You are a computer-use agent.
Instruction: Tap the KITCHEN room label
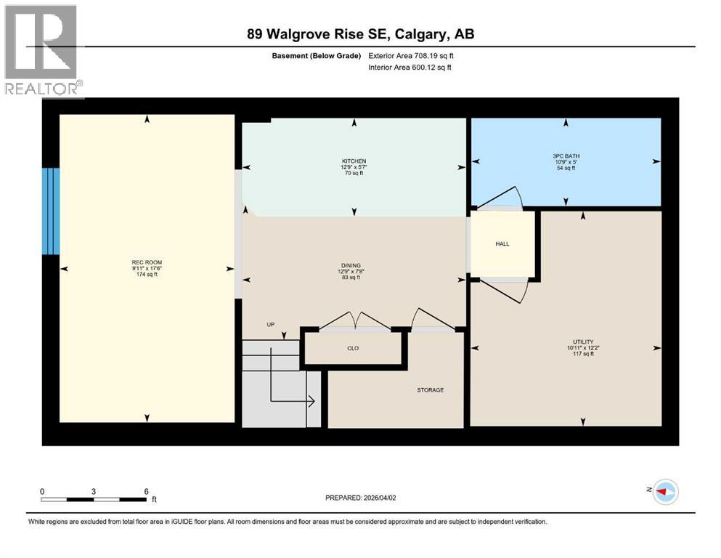point(354,161)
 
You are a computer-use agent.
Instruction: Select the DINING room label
point(354,265)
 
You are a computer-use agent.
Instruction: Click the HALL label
point(502,244)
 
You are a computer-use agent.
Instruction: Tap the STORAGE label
point(430,390)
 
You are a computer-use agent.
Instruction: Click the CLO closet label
point(353,348)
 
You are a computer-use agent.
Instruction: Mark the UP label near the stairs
point(270,325)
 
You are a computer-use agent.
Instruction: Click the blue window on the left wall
point(50,211)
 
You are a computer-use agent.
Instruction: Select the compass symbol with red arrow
point(664,492)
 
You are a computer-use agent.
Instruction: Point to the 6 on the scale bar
point(146,491)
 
